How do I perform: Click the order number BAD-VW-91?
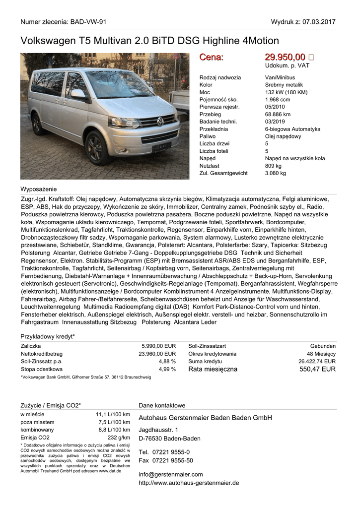pos(88,22)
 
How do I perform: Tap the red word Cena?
pos(211,57)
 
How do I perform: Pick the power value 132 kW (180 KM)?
pos(286,92)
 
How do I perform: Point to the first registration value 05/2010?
pos(275,107)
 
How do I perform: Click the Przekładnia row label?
pos(214,129)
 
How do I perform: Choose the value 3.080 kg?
pos(276,173)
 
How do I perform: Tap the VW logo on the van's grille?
pos(160,121)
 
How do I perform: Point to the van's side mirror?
pos(78,94)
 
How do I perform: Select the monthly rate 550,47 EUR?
pos(317,369)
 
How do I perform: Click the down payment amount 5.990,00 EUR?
pos(158,346)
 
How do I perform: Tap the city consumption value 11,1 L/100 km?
pos(113,414)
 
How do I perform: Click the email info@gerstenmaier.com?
pos(170,474)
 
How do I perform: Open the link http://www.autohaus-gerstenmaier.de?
pos(189,482)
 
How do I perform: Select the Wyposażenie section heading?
pos(38,189)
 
